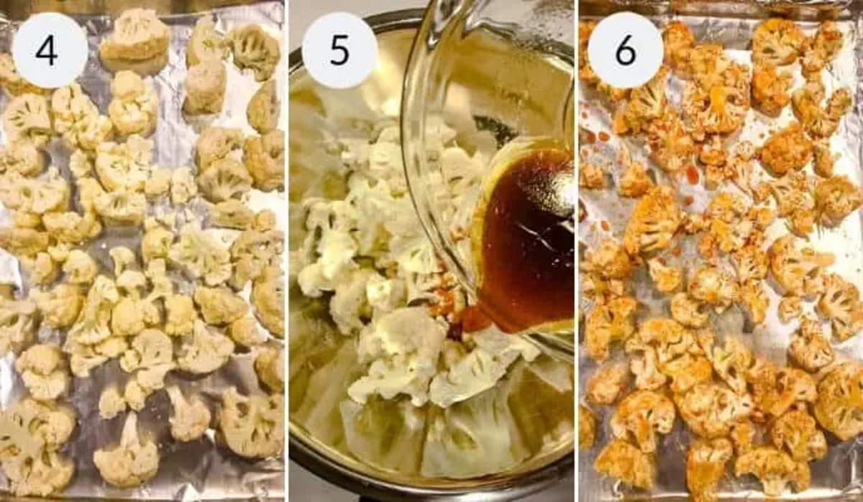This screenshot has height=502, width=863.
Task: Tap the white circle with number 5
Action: coord(339,50)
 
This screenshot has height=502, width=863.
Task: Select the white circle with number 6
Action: coord(625,50)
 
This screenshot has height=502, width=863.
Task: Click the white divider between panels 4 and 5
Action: coord(287,252)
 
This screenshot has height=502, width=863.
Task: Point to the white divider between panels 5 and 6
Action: coord(577,252)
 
